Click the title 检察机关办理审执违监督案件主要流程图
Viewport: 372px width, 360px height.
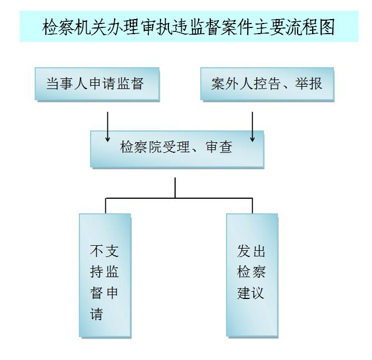coord(189,27)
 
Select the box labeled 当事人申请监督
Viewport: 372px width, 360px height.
coord(97,84)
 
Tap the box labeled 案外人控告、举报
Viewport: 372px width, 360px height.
coord(267,84)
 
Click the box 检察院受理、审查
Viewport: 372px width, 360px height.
coord(177,148)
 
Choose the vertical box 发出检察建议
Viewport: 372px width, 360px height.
coord(251,274)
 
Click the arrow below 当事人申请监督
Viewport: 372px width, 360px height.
coord(107,127)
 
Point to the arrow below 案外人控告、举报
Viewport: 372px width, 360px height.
coord(253,127)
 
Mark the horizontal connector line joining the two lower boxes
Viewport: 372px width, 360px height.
coord(179,198)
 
